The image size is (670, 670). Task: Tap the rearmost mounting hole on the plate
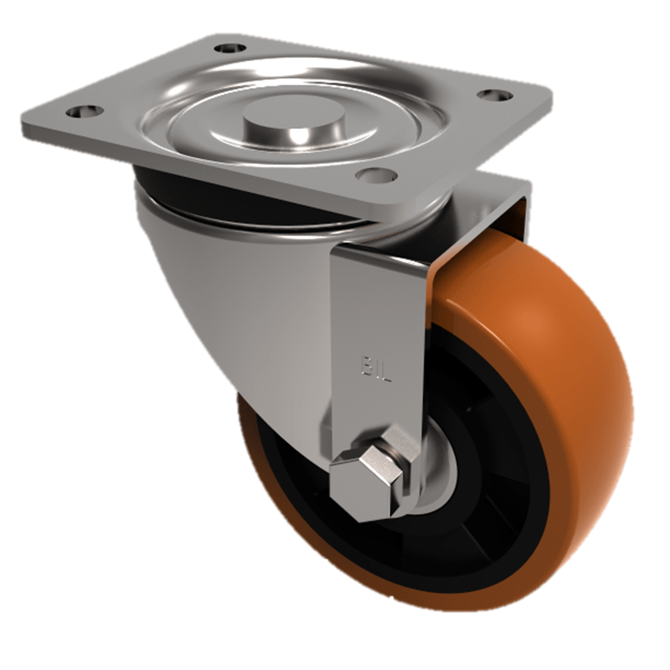point(230,48)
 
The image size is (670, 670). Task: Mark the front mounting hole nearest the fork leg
point(374,174)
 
